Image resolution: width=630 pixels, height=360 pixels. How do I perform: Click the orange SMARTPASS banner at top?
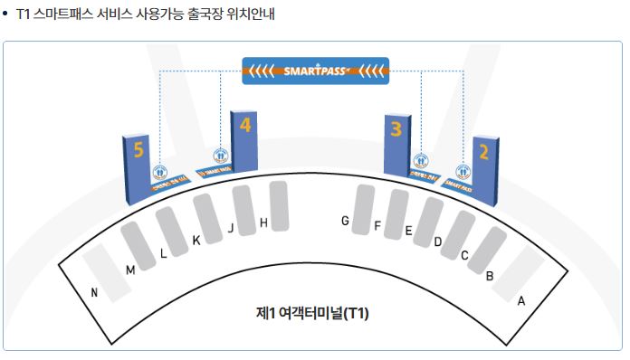coord(316,70)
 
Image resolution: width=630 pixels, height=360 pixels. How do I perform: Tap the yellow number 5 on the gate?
coord(138,150)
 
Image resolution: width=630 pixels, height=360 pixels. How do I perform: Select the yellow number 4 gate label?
coord(244,125)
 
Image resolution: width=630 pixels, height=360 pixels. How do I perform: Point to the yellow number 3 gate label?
coord(395,128)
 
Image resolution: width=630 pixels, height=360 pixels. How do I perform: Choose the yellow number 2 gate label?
coord(483,151)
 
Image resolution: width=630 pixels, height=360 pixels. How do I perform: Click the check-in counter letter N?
coord(94,292)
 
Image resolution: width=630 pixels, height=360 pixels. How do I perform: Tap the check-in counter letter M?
coord(130,270)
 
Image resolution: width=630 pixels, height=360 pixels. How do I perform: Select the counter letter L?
coord(163,254)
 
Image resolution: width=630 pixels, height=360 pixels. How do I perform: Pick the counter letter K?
coord(196,241)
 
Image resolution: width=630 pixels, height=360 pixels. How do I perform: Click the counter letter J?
coord(231,229)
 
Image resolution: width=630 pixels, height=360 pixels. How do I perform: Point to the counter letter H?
coord(263,222)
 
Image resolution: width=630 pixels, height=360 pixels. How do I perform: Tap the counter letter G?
coord(345,221)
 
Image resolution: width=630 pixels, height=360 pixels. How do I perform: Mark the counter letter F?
coord(377,226)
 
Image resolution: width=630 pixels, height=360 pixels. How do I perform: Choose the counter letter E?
coord(408,232)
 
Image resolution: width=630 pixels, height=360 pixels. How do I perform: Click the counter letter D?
coord(437,242)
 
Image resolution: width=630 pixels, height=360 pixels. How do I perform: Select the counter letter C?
coord(464,255)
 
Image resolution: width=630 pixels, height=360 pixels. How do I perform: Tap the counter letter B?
coord(490,275)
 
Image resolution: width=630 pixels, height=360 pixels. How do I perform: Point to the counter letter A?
coord(520,301)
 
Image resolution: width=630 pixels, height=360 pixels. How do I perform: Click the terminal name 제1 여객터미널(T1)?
coord(312,314)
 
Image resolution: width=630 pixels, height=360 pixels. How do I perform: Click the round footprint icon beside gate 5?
coord(161,170)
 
